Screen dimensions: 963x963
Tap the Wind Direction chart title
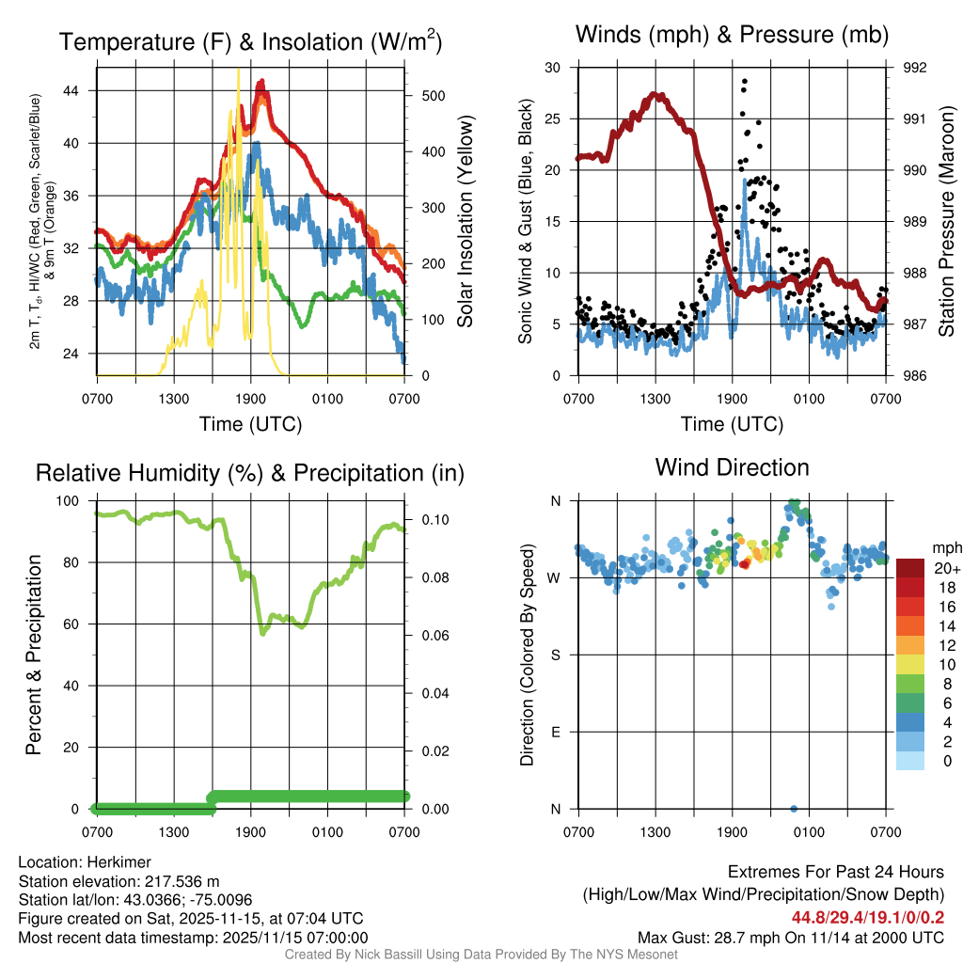pos(732,467)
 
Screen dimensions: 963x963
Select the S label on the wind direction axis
pos(555,655)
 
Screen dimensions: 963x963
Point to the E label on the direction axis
pos(555,733)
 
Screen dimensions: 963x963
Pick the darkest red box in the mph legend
pos(910,569)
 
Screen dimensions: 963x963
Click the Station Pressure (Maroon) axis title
pos(947,222)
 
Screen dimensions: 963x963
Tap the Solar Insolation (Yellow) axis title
pos(466,222)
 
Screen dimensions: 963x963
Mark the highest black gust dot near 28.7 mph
pos(744,82)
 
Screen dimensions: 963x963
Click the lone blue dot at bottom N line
pos(794,809)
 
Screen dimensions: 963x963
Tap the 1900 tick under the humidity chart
pos(250,832)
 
